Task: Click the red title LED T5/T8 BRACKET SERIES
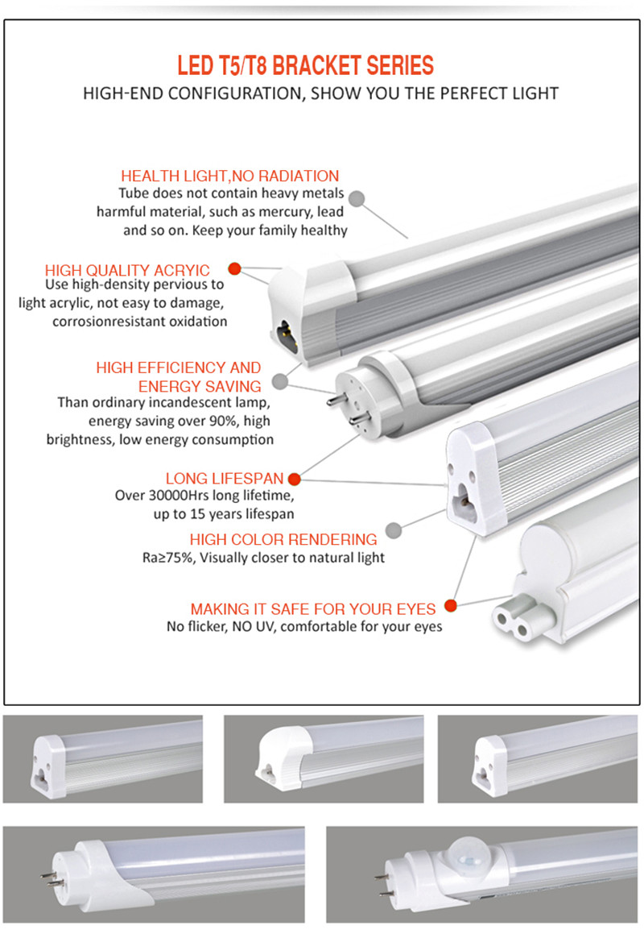pyautogui.click(x=305, y=65)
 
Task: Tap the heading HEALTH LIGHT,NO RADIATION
pyautogui.click(x=229, y=176)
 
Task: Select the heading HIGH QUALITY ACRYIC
pyautogui.click(x=127, y=270)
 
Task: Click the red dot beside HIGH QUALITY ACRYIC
pyautogui.click(x=234, y=269)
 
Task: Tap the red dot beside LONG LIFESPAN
pyautogui.click(x=294, y=479)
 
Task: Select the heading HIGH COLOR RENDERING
pyautogui.click(x=283, y=539)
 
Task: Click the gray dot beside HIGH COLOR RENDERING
pyautogui.click(x=394, y=530)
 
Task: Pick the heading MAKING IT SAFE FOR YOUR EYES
pyautogui.click(x=313, y=608)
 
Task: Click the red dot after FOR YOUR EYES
pyautogui.click(x=451, y=605)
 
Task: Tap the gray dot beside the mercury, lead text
pyautogui.click(x=357, y=197)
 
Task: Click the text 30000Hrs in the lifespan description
pyautogui.click(x=183, y=496)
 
